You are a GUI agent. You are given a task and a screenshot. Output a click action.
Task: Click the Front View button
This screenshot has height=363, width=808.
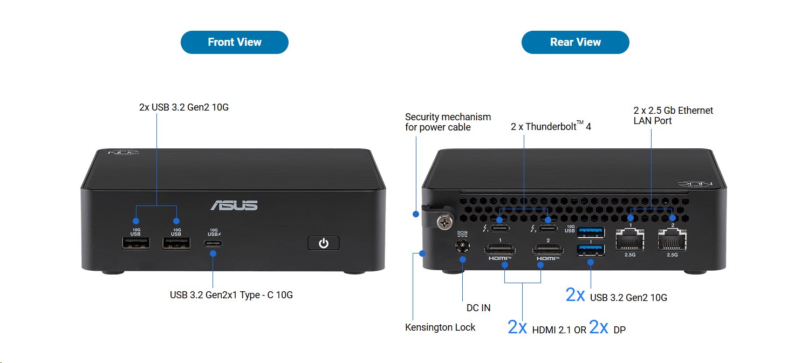234,43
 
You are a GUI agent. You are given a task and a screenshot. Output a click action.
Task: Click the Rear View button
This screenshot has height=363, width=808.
575,43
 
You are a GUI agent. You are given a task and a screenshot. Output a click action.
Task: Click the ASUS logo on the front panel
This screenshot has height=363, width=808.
234,206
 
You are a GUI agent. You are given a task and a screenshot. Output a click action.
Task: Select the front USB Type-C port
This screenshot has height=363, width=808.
214,243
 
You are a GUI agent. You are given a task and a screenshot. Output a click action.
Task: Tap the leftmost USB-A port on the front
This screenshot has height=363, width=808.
135,243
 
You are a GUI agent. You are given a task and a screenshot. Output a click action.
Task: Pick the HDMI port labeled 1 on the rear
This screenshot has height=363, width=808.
501,249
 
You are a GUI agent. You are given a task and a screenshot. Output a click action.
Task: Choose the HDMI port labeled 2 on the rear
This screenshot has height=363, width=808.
548,249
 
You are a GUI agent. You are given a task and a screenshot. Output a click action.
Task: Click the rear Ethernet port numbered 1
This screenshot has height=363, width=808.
630,239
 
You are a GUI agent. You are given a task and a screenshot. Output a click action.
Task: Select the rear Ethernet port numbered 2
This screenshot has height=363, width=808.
672,239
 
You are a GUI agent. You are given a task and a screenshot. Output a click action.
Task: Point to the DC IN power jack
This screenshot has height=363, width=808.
462,246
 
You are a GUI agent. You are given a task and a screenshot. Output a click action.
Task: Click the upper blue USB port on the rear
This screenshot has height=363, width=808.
591,232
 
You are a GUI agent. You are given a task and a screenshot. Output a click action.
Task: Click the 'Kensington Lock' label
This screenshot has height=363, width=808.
440,327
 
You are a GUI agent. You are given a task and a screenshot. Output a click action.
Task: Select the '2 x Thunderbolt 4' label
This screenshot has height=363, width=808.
551,127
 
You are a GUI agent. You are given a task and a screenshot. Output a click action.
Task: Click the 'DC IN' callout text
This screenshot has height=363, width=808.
478,308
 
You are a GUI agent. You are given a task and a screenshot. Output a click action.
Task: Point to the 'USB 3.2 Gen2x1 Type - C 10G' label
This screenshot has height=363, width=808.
231,295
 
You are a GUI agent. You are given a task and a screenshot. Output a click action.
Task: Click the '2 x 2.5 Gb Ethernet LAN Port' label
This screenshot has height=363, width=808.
673,115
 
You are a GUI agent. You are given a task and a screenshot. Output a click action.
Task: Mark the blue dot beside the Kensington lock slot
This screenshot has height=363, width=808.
422,253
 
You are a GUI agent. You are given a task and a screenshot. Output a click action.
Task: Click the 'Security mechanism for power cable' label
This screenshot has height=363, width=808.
448,122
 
